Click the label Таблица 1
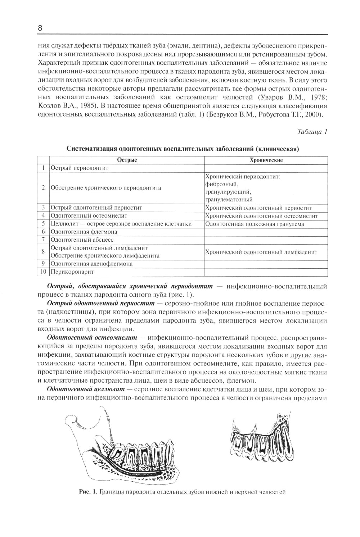click(x=312, y=132)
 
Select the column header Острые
click(x=127, y=160)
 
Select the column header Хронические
click(x=266, y=160)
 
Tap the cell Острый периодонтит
click(x=79, y=168)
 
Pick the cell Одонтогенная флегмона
click(x=84, y=232)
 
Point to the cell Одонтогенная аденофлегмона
click(x=91, y=264)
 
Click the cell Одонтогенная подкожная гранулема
click(x=255, y=224)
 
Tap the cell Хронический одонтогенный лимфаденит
click(x=261, y=252)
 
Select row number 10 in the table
click(x=43, y=272)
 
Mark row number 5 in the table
click(x=43, y=224)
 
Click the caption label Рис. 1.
click(x=88, y=492)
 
